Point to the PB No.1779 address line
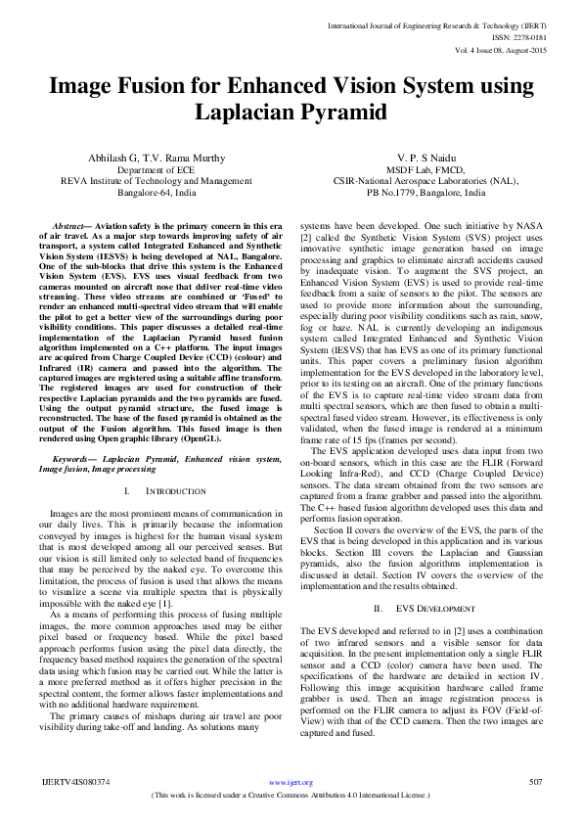(x=416, y=194)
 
